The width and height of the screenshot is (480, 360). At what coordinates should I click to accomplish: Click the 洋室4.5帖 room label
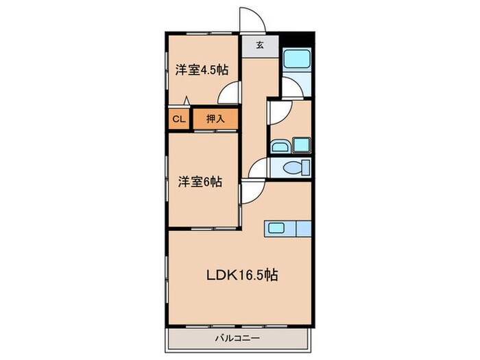pyautogui.click(x=201, y=70)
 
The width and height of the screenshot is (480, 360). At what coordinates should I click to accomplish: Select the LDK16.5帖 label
pyautogui.click(x=242, y=275)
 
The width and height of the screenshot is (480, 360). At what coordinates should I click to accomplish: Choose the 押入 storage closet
pyautogui.click(x=215, y=119)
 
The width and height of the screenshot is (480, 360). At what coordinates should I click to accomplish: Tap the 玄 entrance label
pyautogui.click(x=261, y=47)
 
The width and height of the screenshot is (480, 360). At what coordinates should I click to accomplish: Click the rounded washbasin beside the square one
pyautogui.click(x=279, y=145)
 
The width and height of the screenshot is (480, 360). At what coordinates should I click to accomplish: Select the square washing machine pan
pyautogui.click(x=301, y=145)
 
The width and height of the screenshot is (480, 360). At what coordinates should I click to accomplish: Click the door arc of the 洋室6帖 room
pyautogui.click(x=250, y=191)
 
